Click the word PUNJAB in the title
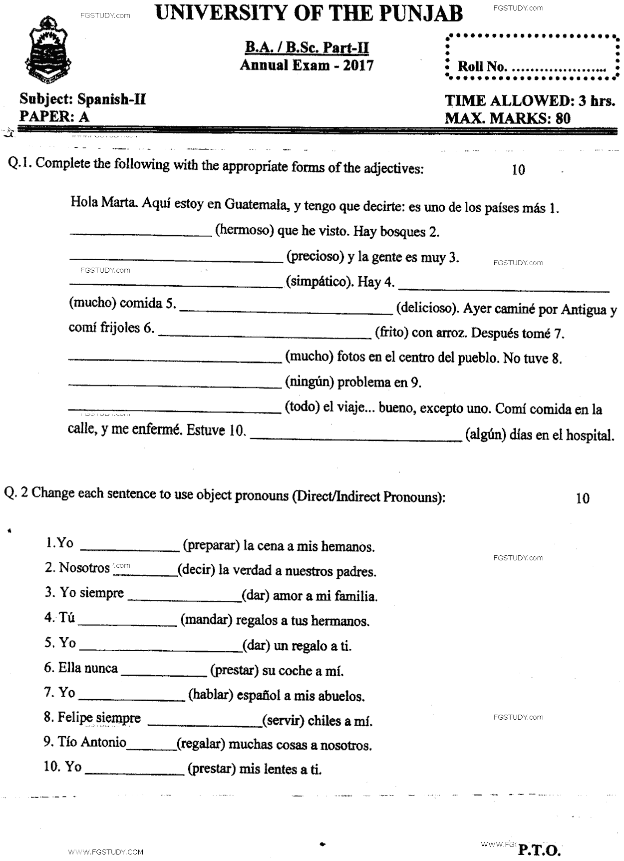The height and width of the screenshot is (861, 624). (422, 13)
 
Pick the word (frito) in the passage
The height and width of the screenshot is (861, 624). (391, 333)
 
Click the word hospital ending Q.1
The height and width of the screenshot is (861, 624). (589, 435)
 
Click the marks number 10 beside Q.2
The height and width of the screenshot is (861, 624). (582, 498)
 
